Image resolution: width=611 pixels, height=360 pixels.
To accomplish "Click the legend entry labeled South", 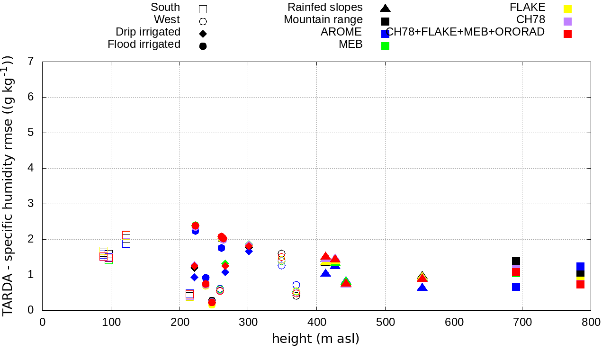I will coord(165,8).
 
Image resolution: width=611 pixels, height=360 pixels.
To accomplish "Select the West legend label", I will coord(167,20).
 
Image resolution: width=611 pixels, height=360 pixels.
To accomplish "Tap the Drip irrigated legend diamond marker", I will coord(203,34).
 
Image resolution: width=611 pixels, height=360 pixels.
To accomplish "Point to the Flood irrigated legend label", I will coord(144,45).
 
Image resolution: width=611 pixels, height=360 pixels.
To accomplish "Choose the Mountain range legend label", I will coord(323,20).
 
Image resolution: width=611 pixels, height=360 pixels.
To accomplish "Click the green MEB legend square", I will coord(386,46).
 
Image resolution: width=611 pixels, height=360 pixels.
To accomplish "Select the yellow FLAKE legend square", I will coord(567,9).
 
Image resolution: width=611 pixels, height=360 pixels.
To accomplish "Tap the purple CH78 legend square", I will coord(567,21).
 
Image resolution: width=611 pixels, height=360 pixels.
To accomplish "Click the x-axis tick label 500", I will coord(385,323).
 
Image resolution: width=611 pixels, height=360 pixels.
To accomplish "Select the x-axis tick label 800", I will coord(591,323).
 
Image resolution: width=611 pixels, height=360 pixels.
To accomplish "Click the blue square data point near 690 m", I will coord(516,287).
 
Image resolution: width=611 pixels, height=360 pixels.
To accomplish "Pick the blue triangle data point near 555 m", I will coord(422,288).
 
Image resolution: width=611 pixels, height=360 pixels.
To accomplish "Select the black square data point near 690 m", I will coord(516,261).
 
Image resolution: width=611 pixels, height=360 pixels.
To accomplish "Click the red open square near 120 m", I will coord(126,235).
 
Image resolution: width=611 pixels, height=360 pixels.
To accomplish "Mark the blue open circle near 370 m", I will coord(296,285).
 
